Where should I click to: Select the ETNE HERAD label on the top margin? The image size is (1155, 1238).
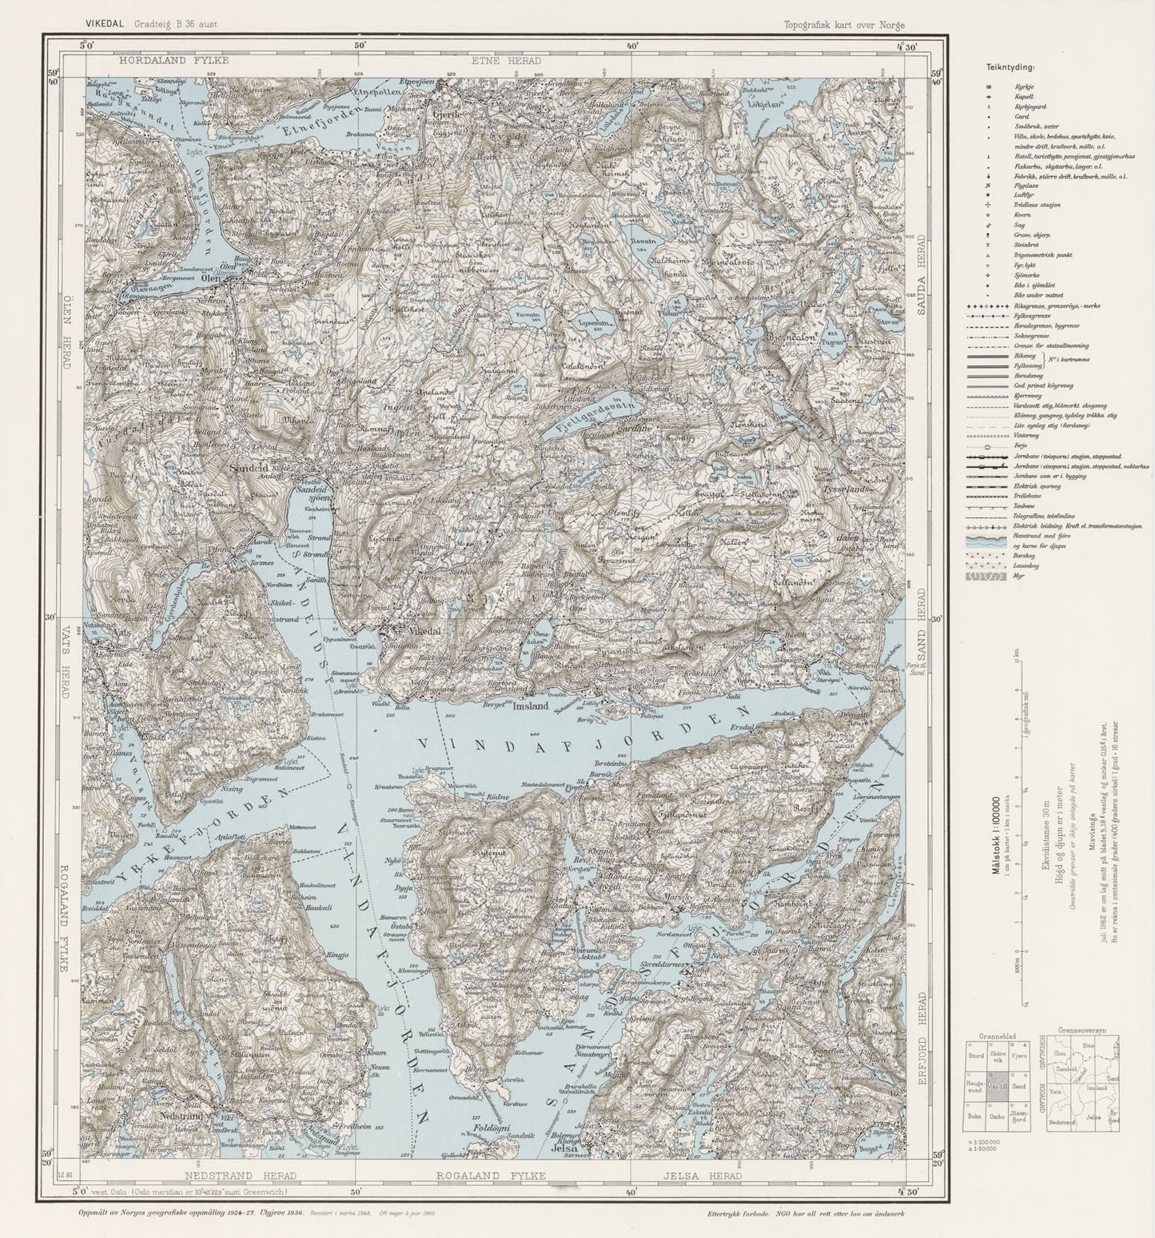click(506, 60)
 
